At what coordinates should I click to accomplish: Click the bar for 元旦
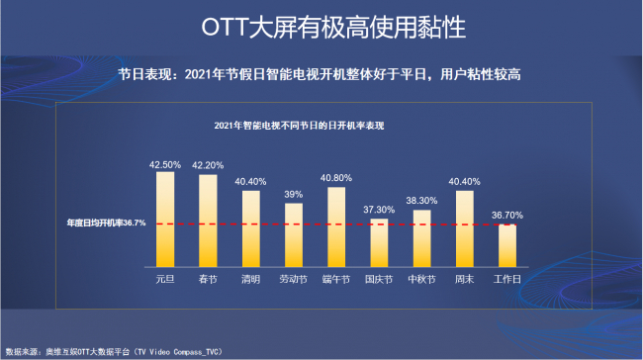pos(165,220)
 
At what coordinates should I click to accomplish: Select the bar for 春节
pos(208,221)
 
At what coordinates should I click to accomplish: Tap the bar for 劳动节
pos(294,235)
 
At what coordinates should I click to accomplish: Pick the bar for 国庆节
pos(379,242)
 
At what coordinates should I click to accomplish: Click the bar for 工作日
pos(507,245)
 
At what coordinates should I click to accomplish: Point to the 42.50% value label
pos(165,165)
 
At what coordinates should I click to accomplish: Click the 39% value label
pos(294,195)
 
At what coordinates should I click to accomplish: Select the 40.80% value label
pos(336,178)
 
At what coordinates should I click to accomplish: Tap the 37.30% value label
pos(379,210)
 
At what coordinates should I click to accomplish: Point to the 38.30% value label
pos(421,201)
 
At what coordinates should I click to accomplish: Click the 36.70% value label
pos(507,216)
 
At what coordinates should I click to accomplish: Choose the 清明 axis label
pos(250,279)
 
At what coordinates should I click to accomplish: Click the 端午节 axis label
pos(336,279)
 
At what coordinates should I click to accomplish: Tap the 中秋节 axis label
pos(421,279)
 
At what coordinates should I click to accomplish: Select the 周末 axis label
pos(464,279)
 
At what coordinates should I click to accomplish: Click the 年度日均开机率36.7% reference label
pos(106,223)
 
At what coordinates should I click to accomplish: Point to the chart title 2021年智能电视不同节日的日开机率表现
pos(299,126)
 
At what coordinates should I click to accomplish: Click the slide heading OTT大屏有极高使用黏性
pos(333,27)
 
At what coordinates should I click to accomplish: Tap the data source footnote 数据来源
pos(114,352)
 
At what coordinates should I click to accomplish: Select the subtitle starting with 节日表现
pos(320,74)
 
